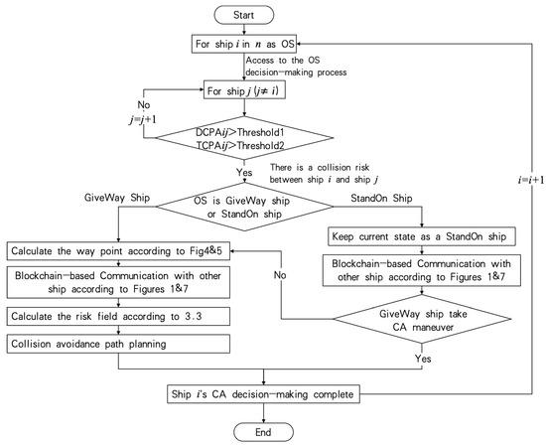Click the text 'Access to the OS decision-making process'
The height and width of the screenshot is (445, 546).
click(x=328, y=69)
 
